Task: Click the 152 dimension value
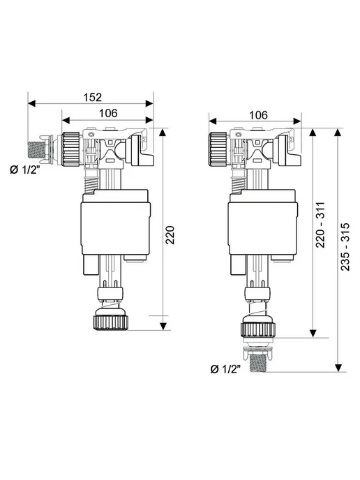pyautogui.click(x=93, y=97)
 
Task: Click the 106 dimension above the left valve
pyautogui.click(x=108, y=113)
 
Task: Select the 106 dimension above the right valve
pyautogui.click(x=258, y=115)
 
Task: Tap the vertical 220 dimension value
pyautogui.click(x=170, y=235)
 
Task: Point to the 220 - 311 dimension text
pyautogui.click(x=320, y=225)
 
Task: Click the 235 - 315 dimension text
pyautogui.click(x=345, y=246)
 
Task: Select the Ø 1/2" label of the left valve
pyautogui.click(x=25, y=170)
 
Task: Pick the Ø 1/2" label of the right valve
pyautogui.click(x=225, y=369)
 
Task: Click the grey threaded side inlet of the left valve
pyautogui.click(x=36, y=150)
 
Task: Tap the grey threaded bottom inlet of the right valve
pyautogui.click(x=258, y=363)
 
